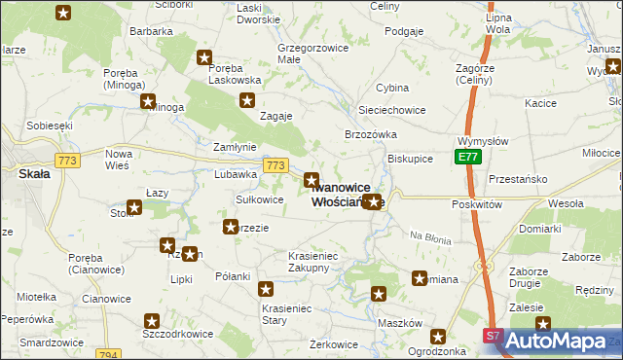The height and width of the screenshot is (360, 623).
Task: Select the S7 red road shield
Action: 495,336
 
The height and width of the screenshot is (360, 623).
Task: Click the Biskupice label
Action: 410,157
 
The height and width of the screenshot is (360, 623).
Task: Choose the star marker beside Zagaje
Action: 248,100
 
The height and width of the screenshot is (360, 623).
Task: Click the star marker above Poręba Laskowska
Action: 205,57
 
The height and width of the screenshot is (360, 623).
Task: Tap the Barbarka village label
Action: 151,31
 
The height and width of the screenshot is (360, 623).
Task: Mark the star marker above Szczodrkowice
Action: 152,319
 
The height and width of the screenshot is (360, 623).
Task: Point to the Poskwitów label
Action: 476,205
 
